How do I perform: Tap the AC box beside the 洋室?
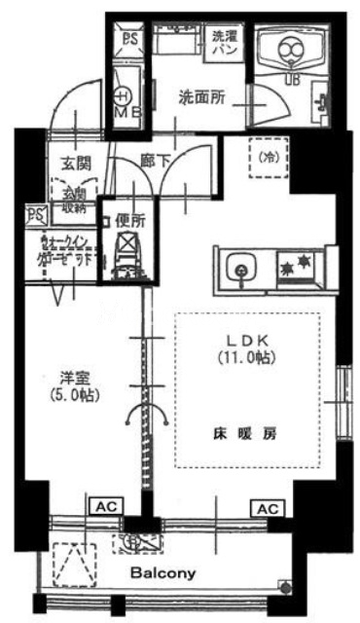106,507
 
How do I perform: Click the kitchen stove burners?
295,264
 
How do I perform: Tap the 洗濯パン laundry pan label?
225,42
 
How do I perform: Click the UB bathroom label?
290,79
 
